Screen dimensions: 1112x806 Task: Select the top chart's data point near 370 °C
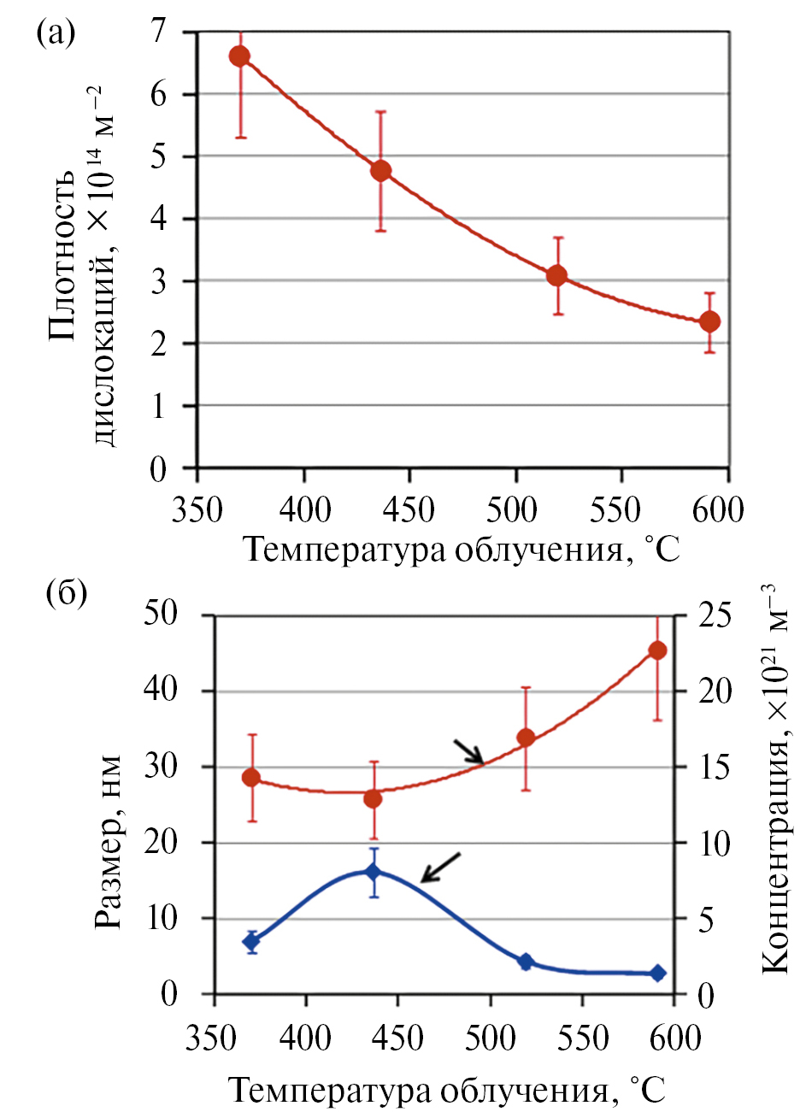tap(239, 56)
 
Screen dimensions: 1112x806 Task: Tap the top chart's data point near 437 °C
tap(380, 170)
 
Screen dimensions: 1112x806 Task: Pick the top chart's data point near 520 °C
tap(557, 275)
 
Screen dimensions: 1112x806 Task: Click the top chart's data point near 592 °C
tap(709, 321)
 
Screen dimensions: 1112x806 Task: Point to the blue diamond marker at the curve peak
tap(373, 872)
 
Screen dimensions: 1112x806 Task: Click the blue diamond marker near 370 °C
tap(251, 942)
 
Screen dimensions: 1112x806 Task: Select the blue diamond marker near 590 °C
tap(657, 973)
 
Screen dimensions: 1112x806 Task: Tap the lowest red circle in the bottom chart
tap(373, 798)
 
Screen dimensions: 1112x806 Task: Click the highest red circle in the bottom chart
tap(657, 650)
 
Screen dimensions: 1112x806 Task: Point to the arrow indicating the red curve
tap(468, 751)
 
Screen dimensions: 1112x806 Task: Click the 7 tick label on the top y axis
tap(159, 32)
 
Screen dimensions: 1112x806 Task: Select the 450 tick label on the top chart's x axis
tap(409, 510)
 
